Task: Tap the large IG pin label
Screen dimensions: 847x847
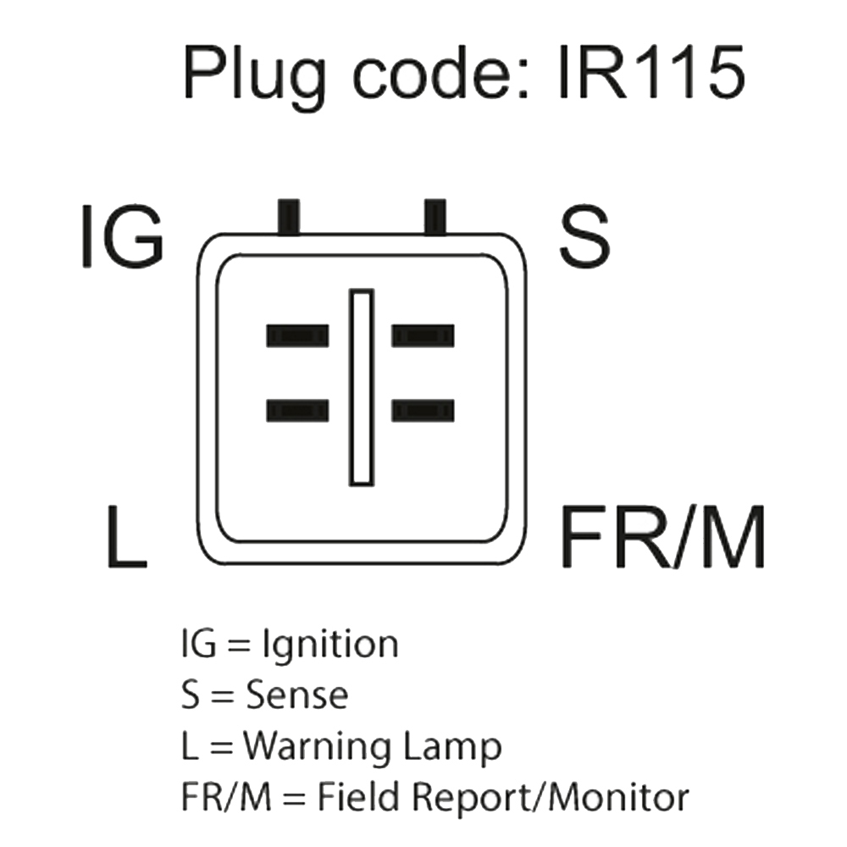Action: pos(121,236)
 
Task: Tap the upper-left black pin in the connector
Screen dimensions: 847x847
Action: pos(297,336)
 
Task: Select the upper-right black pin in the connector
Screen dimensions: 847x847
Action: pos(423,336)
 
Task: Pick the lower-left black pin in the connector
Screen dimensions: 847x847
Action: pos(297,411)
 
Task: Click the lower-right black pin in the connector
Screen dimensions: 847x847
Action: pos(423,411)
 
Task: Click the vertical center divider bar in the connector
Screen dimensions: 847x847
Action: pos(362,387)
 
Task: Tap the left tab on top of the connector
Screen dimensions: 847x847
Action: pos(289,216)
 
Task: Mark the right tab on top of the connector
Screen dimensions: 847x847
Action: pos(435,216)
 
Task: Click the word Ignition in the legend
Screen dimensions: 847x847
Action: pos(330,646)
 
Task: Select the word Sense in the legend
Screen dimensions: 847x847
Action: pos(296,696)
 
